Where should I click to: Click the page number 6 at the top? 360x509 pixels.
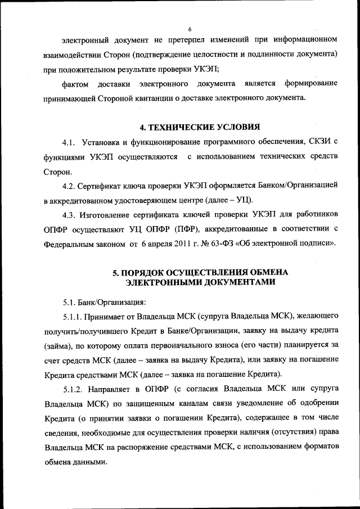(x=190, y=29)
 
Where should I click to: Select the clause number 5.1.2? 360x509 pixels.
(x=73, y=389)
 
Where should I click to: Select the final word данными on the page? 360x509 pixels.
(x=90, y=462)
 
